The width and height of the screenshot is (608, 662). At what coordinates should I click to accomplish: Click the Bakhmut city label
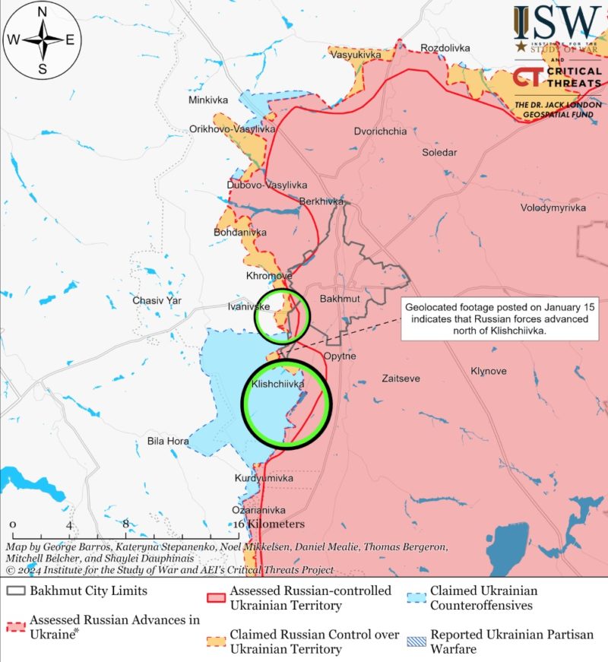click(x=339, y=299)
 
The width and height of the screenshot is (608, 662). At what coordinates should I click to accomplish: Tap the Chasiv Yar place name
click(x=157, y=300)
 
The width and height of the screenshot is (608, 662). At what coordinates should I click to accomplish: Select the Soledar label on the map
click(x=439, y=152)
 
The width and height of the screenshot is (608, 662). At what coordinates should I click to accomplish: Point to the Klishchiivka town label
click(x=277, y=385)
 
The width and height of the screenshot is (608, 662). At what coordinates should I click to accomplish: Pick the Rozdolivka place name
click(x=445, y=48)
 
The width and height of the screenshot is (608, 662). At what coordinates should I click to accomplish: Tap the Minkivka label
click(x=208, y=100)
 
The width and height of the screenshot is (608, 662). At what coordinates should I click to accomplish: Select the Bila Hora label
click(x=168, y=441)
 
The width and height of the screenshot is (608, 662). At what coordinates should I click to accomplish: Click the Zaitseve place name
click(x=401, y=378)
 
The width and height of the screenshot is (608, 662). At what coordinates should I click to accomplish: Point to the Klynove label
click(x=488, y=372)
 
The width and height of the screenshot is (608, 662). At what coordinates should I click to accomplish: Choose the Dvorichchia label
click(x=380, y=131)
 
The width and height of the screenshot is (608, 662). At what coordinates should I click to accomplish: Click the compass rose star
click(x=43, y=40)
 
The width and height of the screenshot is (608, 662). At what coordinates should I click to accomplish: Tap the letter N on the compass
click(x=43, y=11)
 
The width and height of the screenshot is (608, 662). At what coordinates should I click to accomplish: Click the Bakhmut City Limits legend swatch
click(x=16, y=591)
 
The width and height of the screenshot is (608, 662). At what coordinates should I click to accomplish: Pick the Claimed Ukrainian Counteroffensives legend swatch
click(x=416, y=591)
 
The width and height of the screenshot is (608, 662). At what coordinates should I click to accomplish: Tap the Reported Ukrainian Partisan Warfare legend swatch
click(x=416, y=635)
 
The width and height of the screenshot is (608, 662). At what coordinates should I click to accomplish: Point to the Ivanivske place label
click(x=249, y=306)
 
